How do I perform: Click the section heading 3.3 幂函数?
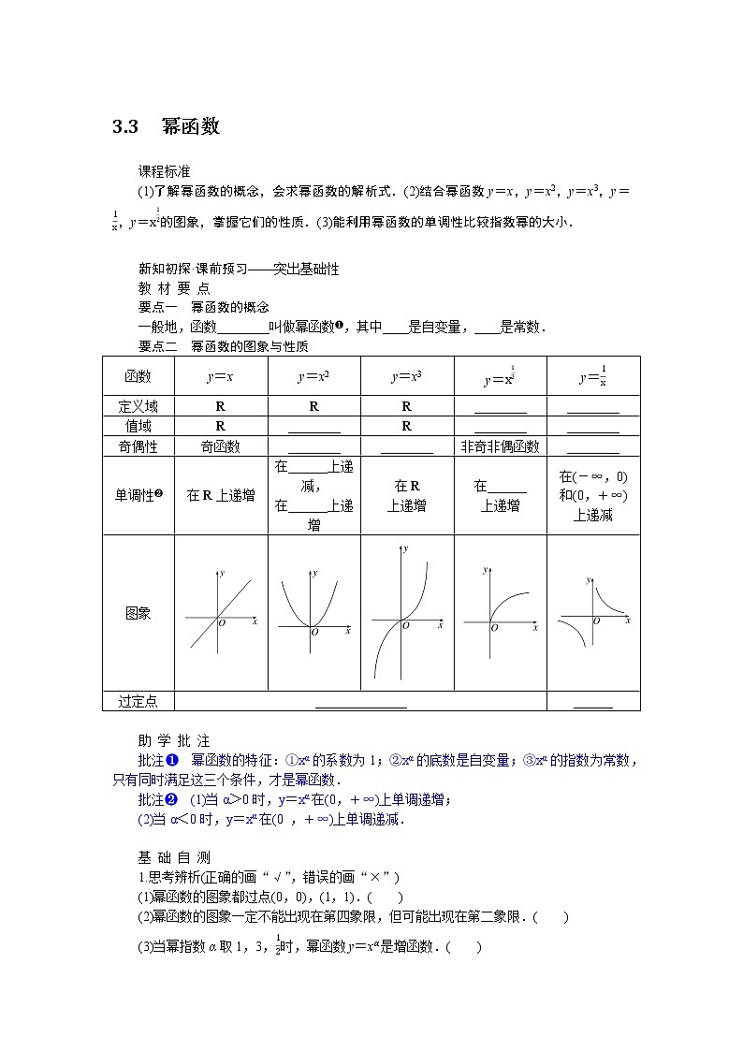[x=166, y=126]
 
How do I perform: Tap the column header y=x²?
[x=313, y=377]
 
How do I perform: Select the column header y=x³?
[x=406, y=377]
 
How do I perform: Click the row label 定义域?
[x=138, y=406]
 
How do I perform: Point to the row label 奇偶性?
[x=138, y=446]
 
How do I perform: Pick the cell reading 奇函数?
[x=220, y=446]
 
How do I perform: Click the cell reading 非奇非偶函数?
[x=500, y=446]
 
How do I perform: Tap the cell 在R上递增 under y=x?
[x=220, y=495]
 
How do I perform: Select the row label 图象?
[x=138, y=613]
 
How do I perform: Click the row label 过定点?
[x=138, y=701]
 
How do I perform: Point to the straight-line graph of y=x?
[x=220, y=613]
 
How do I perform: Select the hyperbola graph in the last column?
[x=593, y=613]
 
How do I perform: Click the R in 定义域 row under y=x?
[x=220, y=406]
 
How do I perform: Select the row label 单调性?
[x=138, y=495]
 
